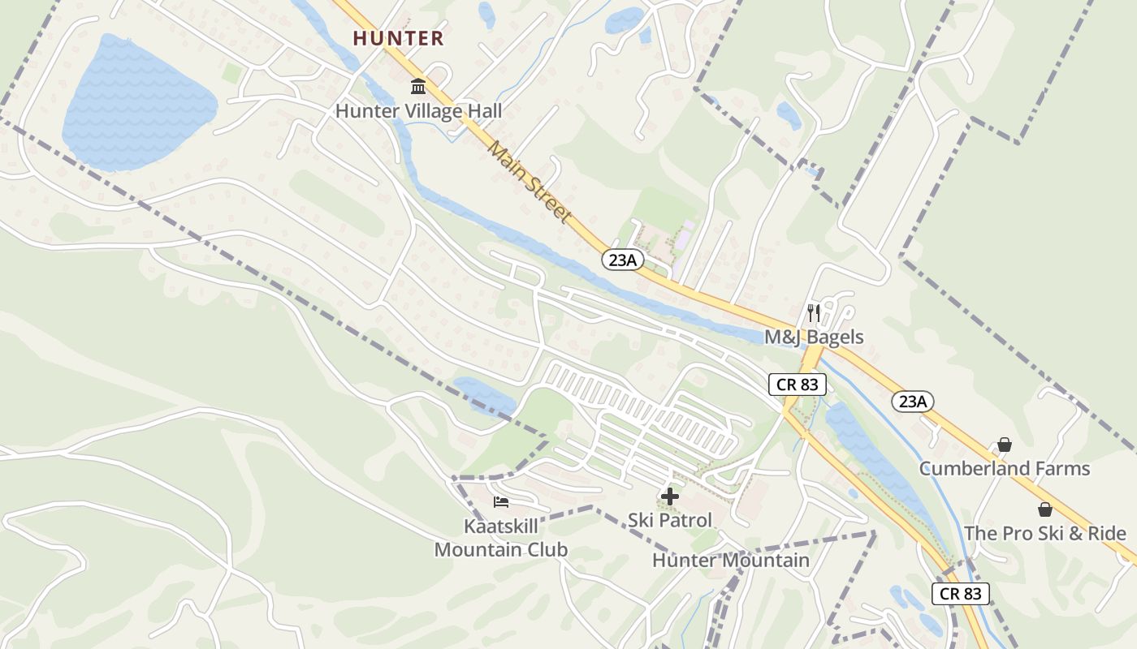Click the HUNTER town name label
(398, 38)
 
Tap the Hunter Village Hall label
(418, 111)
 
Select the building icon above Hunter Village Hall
(418, 86)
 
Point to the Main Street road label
(530, 181)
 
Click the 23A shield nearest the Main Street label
(623, 260)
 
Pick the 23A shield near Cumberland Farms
(913, 401)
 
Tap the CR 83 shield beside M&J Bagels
(798, 385)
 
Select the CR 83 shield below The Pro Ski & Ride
(961, 593)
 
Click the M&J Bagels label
(814, 337)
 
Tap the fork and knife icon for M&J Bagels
(814, 312)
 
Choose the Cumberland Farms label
(1004, 469)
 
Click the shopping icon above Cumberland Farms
(1005, 445)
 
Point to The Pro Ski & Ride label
(1044, 534)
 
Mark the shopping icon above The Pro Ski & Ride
(1044, 509)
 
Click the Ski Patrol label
(670, 521)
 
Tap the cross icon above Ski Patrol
(670, 496)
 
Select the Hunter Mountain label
(731, 561)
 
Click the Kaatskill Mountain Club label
(500, 538)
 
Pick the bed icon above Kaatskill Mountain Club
(501, 502)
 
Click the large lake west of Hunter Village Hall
(138, 101)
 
